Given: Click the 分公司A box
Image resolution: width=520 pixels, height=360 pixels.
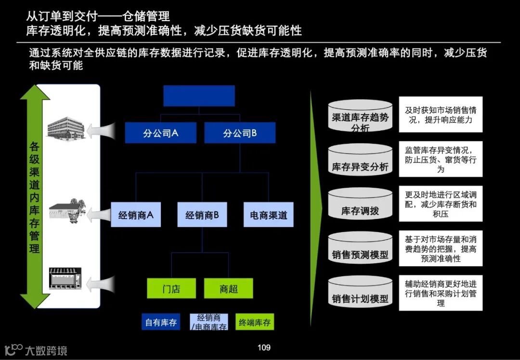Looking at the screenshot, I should click(160, 133).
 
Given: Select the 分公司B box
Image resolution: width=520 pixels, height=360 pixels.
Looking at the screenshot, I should click(240, 133).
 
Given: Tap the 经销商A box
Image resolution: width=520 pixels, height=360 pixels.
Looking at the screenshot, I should click(136, 215).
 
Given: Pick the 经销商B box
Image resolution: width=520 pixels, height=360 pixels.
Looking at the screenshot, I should click(202, 215).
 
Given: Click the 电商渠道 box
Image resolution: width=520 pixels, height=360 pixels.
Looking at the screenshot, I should click(268, 215).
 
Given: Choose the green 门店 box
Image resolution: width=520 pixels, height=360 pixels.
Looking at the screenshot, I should click(171, 288).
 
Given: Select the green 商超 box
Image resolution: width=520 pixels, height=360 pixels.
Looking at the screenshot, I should click(229, 288).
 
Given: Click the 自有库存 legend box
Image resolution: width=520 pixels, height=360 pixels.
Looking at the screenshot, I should click(161, 322).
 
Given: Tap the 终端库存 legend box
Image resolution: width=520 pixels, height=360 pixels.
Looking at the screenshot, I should click(254, 322).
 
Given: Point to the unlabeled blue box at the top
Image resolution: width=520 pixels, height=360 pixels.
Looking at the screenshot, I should click(199, 96).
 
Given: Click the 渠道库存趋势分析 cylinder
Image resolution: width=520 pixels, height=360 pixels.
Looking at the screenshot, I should click(360, 117).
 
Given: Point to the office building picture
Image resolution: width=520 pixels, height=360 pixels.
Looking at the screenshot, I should click(66, 127).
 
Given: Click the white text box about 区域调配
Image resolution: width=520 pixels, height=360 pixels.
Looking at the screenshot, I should click(441, 204).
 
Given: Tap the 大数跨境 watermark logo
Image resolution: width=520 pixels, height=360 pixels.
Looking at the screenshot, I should click(36, 350).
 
